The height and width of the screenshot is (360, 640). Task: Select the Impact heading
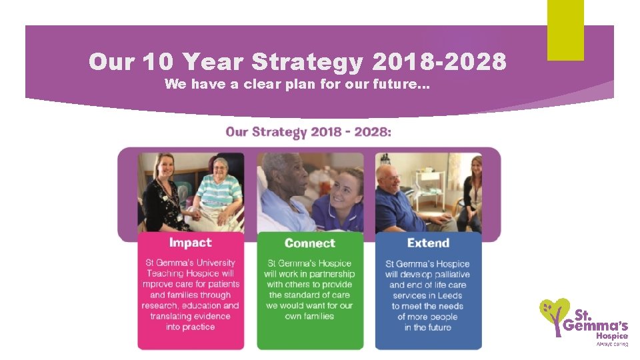point(190,243)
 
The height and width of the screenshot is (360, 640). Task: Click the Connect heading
point(309,243)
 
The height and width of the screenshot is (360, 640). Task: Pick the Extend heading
point(428,243)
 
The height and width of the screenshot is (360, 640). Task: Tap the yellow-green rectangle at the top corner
point(565,30)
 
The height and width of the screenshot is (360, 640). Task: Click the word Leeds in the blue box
point(451,295)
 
